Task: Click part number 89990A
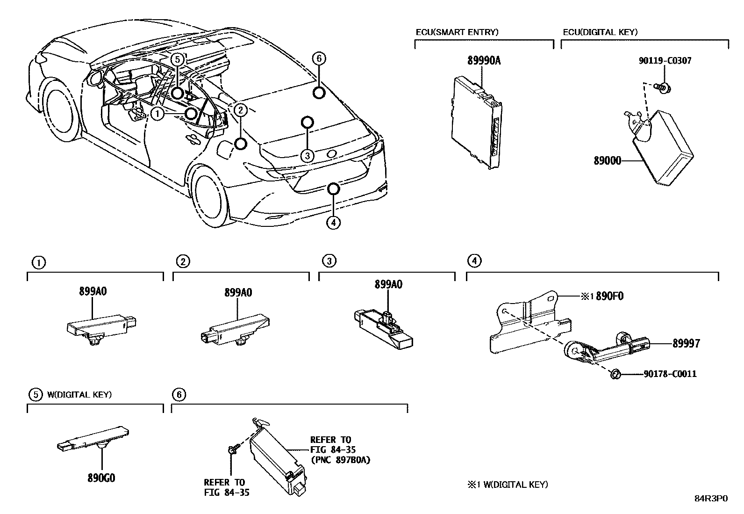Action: (x=484, y=60)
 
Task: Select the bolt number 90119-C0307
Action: (x=665, y=60)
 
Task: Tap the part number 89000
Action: (x=607, y=161)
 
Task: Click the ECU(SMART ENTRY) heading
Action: (x=457, y=32)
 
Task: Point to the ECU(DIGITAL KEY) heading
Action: (x=600, y=32)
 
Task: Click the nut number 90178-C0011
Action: (x=670, y=374)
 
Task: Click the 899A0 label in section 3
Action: (x=388, y=284)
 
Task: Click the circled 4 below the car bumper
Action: (x=333, y=223)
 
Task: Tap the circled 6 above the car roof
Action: (x=318, y=58)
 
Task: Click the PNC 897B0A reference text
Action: (x=341, y=460)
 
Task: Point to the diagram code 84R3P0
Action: (x=710, y=499)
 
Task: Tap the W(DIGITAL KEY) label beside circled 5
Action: (x=79, y=394)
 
